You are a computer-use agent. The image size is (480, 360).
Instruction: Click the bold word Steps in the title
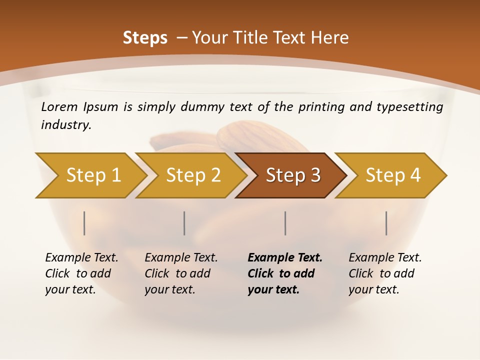tap(145, 38)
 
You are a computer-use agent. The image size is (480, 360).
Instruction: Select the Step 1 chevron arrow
tap(90, 175)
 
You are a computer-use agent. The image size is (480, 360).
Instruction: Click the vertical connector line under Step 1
tap(84, 223)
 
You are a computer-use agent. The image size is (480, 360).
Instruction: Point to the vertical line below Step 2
tap(184, 223)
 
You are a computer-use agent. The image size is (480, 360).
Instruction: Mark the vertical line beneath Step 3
tap(285, 223)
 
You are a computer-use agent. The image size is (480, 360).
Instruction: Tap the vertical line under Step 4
tap(386, 223)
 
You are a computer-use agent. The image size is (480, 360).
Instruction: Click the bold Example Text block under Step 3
tap(285, 273)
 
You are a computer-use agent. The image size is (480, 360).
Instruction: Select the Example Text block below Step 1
tap(81, 273)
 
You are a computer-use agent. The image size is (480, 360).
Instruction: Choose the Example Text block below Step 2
tap(181, 273)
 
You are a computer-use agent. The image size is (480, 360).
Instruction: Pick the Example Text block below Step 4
tap(385, 273)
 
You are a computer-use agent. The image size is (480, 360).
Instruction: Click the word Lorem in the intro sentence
tap(59, 107)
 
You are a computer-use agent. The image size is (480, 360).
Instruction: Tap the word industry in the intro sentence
tap(66, 125)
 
